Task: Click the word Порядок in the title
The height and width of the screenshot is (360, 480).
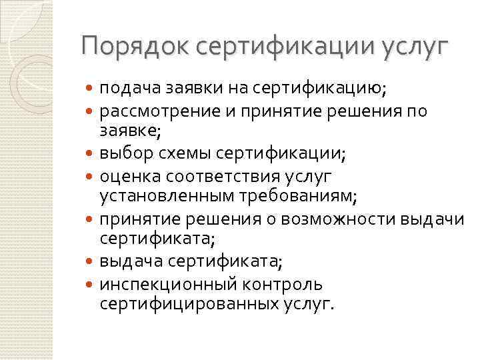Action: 127,47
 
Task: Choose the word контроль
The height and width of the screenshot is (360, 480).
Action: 283,284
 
